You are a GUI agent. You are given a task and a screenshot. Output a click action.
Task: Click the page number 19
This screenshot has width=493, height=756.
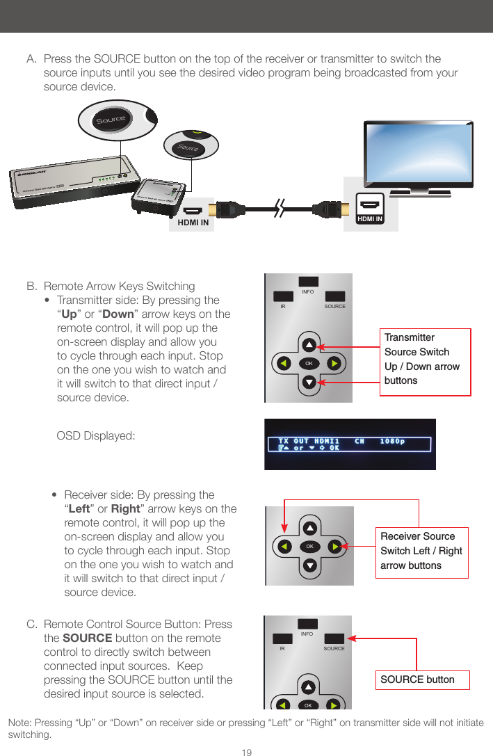[246, 753]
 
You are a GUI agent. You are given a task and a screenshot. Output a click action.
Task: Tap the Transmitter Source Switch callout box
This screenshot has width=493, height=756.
[425, 360]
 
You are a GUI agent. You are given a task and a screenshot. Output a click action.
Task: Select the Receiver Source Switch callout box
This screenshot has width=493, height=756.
[421, 552]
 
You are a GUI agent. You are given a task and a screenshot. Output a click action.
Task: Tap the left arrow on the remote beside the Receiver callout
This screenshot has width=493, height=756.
[284, 547]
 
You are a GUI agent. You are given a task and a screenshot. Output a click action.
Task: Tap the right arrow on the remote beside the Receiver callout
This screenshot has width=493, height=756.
[335, 547]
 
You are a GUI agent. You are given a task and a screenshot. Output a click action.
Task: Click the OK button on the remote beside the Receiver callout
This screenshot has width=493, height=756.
[310, 547]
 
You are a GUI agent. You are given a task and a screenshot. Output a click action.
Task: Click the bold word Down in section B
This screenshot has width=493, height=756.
[116, 314]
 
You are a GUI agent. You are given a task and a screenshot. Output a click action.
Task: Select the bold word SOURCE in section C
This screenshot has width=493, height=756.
[88, 638]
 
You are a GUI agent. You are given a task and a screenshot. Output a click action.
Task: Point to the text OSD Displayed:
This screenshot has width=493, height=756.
[95, 436]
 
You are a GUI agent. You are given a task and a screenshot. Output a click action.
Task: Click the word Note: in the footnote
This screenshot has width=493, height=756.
[19, 723]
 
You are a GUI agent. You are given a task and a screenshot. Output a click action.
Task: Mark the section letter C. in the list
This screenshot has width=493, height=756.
[32, 625]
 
